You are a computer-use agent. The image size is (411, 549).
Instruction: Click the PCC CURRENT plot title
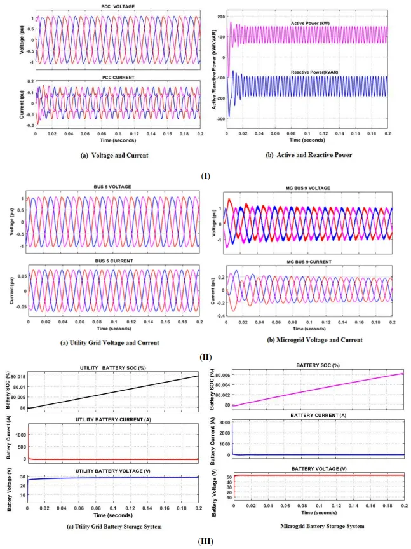point(117,78)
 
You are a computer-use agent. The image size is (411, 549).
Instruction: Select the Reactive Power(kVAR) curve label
point(323,72)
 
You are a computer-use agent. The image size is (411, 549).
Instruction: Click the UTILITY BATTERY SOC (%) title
point(112,368)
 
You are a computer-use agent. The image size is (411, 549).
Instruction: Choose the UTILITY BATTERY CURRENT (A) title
point(113,420)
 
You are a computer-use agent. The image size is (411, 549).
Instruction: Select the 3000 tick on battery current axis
point(223,422)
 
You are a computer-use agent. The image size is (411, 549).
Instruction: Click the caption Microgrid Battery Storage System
point(309,525)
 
